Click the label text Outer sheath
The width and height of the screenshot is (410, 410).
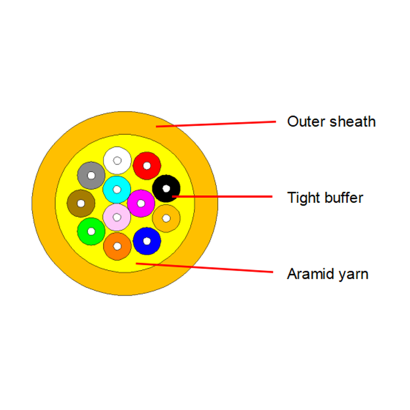(x=331, y=122)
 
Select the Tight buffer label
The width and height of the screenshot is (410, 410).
(x=325, y=197)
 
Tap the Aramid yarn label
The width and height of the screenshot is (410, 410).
(x=327, y=274)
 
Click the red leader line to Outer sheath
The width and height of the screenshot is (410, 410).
(x=215, y=124)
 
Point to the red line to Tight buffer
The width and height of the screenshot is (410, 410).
(x=225, y=196)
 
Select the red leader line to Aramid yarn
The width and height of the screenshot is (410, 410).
(x=205, y=268)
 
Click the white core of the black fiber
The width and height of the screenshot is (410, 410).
(x=166, y=189)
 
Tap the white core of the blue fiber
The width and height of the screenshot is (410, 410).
(x=147, y=241)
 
